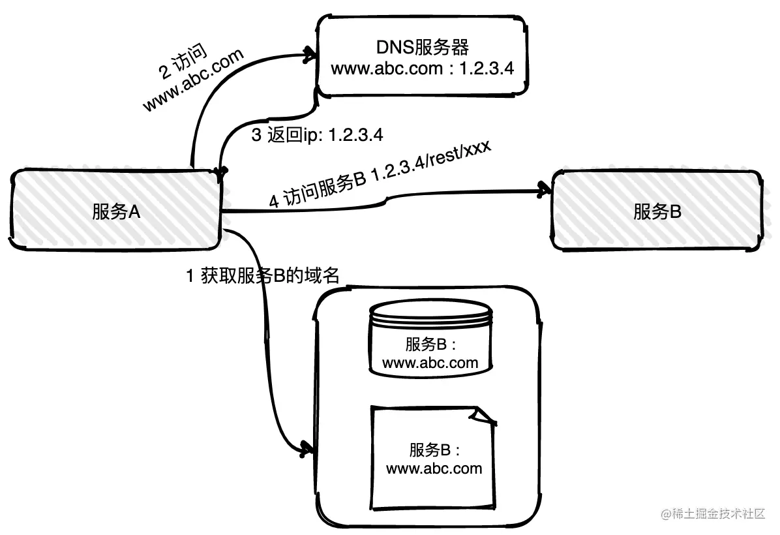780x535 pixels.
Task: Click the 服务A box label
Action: pyautogui.click(x=117, y=212)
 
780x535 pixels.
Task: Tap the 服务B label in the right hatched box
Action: pyautogui.click(x=657, y=212)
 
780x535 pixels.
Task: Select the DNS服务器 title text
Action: pyautogui.click(x=423, y=48)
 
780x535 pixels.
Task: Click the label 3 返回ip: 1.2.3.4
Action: pyautogui.click(x=317, y=136)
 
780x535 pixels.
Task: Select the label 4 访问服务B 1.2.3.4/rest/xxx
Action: pyautogui.click(x=380, y=175)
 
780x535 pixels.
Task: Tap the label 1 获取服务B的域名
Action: pyautogui.click(x=263, y=276)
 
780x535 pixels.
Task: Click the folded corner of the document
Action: pyautogui.click(x=485, y=416)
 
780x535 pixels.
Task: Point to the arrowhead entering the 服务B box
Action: pyautogui.click(x=543, y=190)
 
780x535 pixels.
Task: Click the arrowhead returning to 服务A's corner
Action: pyautogui.click(x=220, y=172)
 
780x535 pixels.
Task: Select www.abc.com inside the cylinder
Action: pyautogui.click(x=430, y=363)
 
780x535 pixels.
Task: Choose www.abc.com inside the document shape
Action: pyautogui.click(x=434, y=468)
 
